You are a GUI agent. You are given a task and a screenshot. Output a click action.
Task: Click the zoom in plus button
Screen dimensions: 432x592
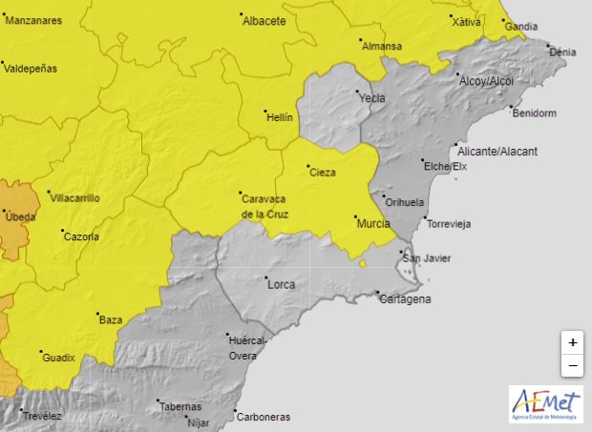pos(572,342)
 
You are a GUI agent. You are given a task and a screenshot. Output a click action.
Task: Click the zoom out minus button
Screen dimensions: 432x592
pos(572,365)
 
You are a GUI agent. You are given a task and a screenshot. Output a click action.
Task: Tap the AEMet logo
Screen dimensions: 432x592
pos(544,403)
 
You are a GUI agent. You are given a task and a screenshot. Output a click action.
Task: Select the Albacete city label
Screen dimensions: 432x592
pos(264,21)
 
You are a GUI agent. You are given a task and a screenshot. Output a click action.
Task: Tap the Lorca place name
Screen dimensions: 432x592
pos(281,284)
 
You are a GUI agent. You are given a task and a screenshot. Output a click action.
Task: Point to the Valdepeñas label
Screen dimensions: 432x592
pos(31,69)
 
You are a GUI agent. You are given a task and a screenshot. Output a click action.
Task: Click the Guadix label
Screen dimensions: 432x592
pos(58,358)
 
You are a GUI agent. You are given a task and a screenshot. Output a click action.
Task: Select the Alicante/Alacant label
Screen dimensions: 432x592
pos(497,152)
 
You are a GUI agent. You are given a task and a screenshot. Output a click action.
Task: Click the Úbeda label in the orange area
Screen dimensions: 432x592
pos(21,217)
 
